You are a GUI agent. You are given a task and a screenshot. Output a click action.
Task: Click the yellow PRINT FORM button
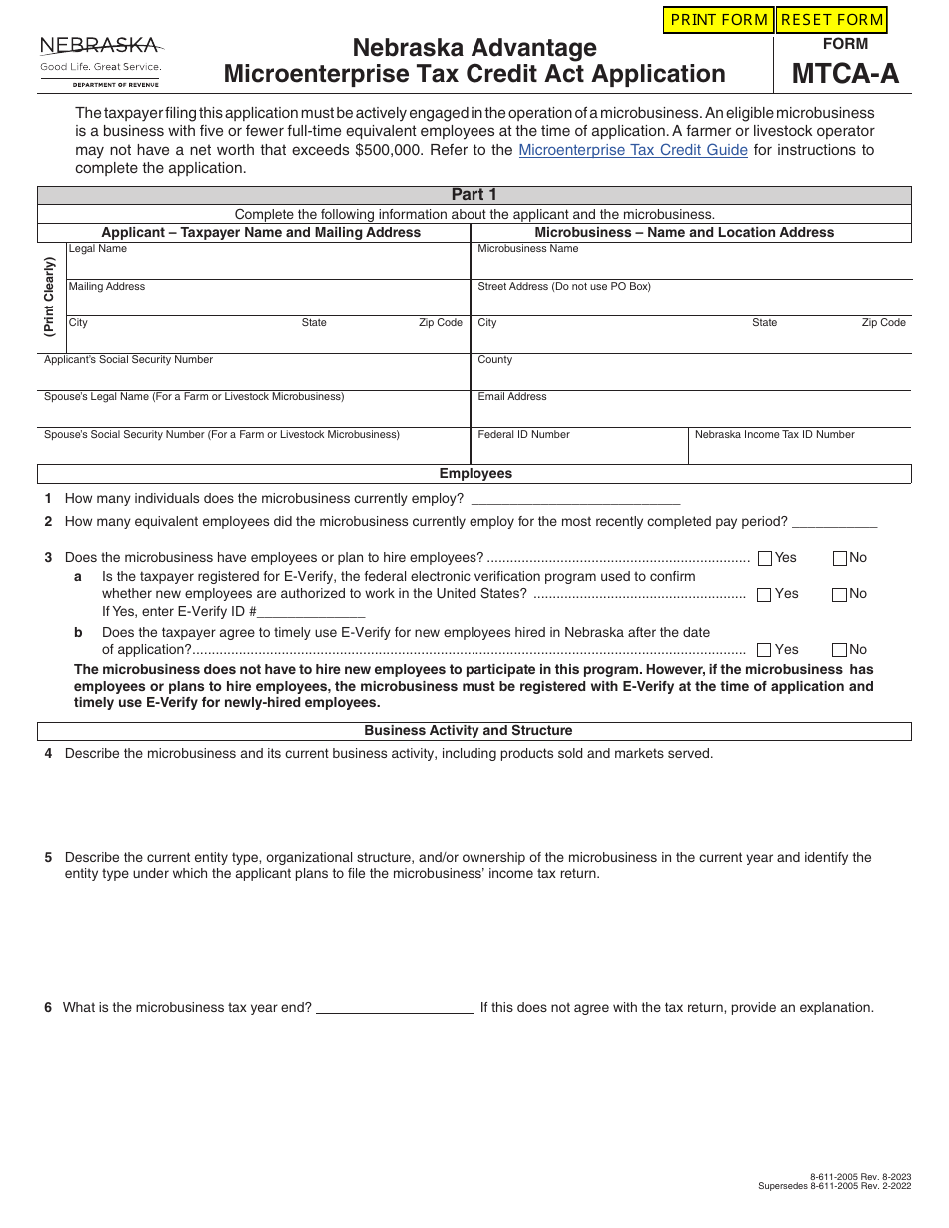pyautogui.click(x=719, y=20)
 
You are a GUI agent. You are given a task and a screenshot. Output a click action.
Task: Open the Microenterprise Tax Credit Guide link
pyautogui.click(x=633, y=150)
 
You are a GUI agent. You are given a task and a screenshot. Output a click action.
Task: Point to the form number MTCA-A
pyautogui.click(x=845, y=74)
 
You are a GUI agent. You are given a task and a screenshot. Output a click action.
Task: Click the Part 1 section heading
pyautogui.click(x=474, y=195)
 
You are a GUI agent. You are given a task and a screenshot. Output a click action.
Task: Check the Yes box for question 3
pyautogui.click(x=765, y=559)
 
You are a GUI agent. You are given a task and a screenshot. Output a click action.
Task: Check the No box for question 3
pyautogui.click(x=840, y=559)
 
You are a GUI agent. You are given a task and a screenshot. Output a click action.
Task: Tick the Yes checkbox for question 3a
pyautogui.click(x=764, y=595)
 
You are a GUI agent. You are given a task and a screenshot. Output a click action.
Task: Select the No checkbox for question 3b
pyautogui.click(x=839, y=650)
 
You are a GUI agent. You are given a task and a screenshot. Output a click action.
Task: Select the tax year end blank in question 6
pyautogui.click(x=395, y=1008)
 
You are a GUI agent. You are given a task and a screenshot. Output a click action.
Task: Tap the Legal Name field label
pyautogui.click(x=98, y=249)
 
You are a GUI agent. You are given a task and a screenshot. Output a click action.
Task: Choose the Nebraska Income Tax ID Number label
pyautogui.click(x=774, y=435)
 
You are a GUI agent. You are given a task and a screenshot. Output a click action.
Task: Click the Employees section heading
pyautogui.click(x=475, y=474)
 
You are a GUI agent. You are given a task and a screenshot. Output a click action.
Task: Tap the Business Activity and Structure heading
pyautogui.click(x=468, y=731)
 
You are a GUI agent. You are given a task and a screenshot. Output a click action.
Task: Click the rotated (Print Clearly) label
pyautogui.click(x=49, y=297)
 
